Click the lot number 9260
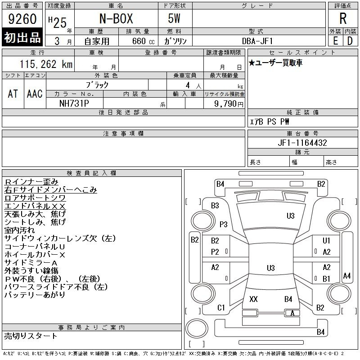pos(22,19)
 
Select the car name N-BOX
pos(116,18)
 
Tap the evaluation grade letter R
pos(343,18)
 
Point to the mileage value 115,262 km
pos(46,64)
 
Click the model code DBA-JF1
pos(257,41)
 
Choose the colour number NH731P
pos(74,103)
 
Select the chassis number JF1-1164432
pos(302,143)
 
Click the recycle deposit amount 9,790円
pos(229,104)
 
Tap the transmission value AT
pos(13,94)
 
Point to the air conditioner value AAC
pos(35,94)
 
